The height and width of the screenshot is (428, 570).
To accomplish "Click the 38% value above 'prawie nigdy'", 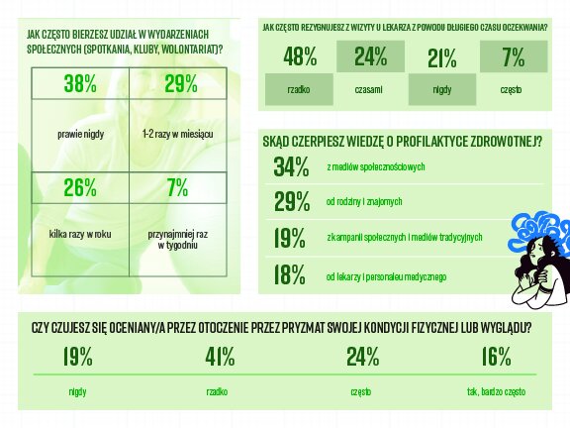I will (80, 84).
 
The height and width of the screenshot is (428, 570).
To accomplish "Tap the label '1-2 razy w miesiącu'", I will (178, 133).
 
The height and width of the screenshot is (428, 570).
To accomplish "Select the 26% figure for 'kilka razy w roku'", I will (80, 187).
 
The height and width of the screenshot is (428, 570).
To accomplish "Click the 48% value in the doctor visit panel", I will (299, 57).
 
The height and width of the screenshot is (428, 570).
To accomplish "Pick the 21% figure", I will (441, 57).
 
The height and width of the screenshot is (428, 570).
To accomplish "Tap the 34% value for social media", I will (292, 166).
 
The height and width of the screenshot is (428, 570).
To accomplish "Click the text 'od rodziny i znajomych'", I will (364, 203).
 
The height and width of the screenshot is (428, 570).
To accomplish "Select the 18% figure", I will (291, 274).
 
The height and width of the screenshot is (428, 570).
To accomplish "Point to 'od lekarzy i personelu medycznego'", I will (387, 275).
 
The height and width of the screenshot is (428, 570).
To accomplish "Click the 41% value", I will (219, 357).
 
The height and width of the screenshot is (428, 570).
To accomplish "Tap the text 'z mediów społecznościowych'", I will (376, 166).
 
